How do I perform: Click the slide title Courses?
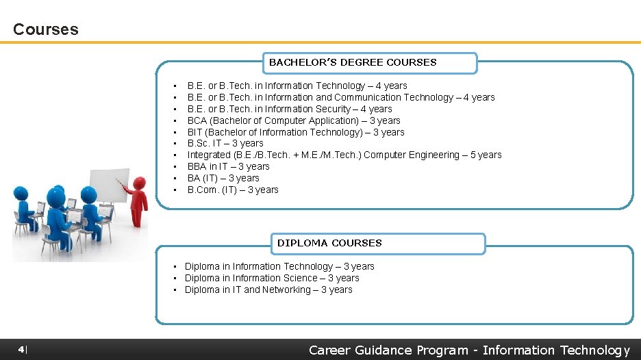46,29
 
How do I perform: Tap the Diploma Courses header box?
380,243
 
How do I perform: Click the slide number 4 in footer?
22,350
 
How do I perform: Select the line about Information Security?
290,109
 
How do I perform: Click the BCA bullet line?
294,120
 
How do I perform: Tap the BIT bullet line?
296,132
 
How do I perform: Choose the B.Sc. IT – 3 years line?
225,144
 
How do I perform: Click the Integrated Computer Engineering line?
344,155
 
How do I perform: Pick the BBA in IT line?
229,166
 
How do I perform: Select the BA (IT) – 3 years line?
223,178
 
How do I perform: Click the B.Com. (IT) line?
233,190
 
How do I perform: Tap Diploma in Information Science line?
272,278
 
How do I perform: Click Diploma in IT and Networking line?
268,290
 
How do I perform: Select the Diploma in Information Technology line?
279,266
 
